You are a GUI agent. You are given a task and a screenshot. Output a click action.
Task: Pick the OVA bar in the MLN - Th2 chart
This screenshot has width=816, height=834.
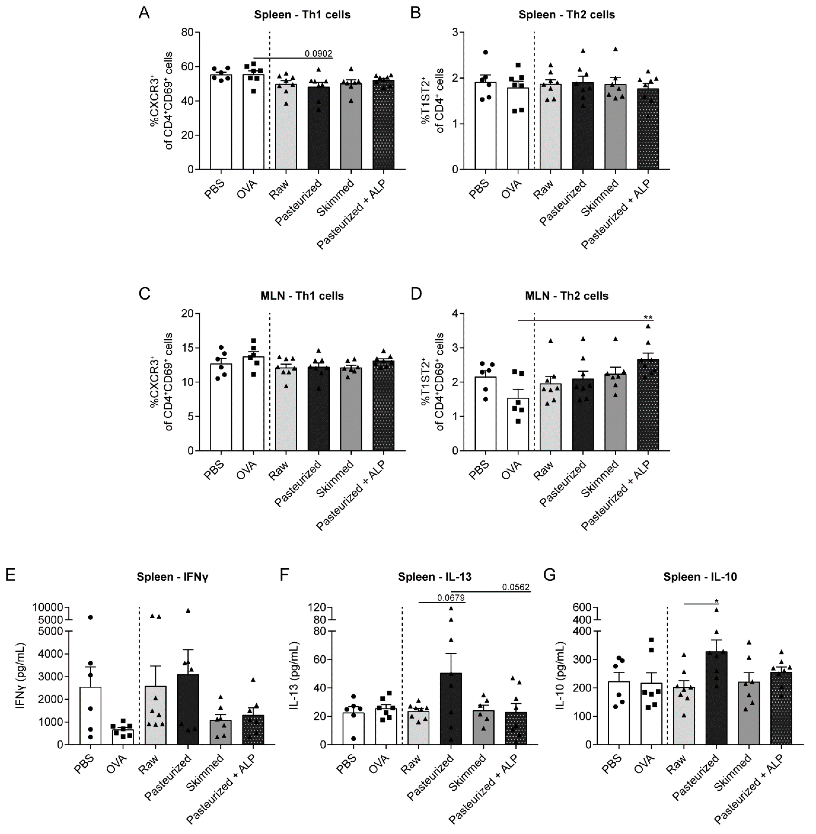tap(518, 424)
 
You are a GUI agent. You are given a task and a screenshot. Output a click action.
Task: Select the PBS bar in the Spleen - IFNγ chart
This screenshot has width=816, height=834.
tap(91, 715)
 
